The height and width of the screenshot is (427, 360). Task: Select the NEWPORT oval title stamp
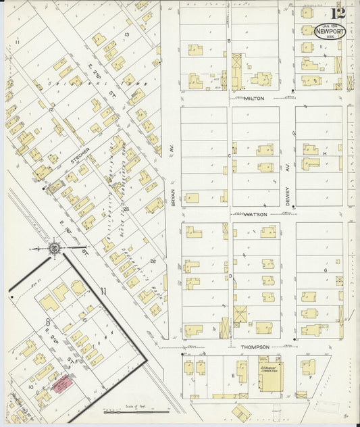click(330, 31)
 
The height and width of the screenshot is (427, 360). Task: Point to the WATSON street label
click(257, 214)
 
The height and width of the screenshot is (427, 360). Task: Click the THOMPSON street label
click(255, 347)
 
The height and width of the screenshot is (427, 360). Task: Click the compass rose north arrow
click(55, 249)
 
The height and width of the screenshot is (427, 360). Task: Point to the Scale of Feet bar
click(135, 409)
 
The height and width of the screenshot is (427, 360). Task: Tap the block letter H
click(325, 154)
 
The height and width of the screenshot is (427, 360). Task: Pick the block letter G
click(325, 270)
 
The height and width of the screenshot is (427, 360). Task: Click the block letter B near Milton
click(229, 41)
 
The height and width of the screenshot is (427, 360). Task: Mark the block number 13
click(126, 34)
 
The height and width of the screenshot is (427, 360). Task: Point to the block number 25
click(126, 210)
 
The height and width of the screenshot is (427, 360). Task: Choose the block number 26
click(153, 261)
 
